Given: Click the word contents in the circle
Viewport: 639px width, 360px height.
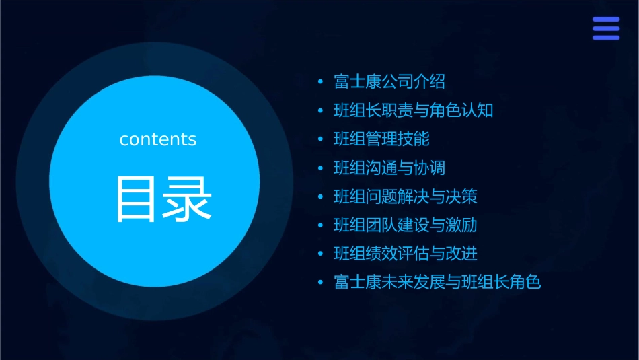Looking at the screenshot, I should coord(158,139).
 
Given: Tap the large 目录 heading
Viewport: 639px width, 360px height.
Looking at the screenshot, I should coord(163,199).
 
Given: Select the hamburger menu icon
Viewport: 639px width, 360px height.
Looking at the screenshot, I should coord(606,29).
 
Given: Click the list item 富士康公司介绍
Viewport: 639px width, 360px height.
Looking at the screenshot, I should coord(389,82).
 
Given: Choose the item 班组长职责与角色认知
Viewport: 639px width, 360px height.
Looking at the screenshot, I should coord(414,110).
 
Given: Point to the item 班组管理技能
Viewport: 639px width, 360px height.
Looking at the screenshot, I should coord(381,139).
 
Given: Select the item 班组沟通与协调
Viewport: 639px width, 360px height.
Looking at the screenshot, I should coord(389,168).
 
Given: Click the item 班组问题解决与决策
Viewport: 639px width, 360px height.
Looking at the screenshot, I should coord(406,197).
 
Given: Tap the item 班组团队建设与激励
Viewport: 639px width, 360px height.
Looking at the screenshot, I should coord(406,225).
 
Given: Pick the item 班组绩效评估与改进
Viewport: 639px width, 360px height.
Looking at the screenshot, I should coord(406,254).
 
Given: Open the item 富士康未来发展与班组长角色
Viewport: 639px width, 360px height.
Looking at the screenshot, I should coord(437,282).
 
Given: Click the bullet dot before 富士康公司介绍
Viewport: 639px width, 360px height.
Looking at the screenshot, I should coord(321,83).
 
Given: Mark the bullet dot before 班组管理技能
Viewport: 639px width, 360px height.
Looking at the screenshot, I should coord(321,140).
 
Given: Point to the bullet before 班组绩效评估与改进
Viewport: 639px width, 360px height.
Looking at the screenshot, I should coord(321,254).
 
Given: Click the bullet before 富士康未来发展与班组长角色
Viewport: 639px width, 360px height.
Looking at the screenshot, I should coord(321,283).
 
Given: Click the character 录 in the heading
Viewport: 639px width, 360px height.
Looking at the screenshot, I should coord(188,199).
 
